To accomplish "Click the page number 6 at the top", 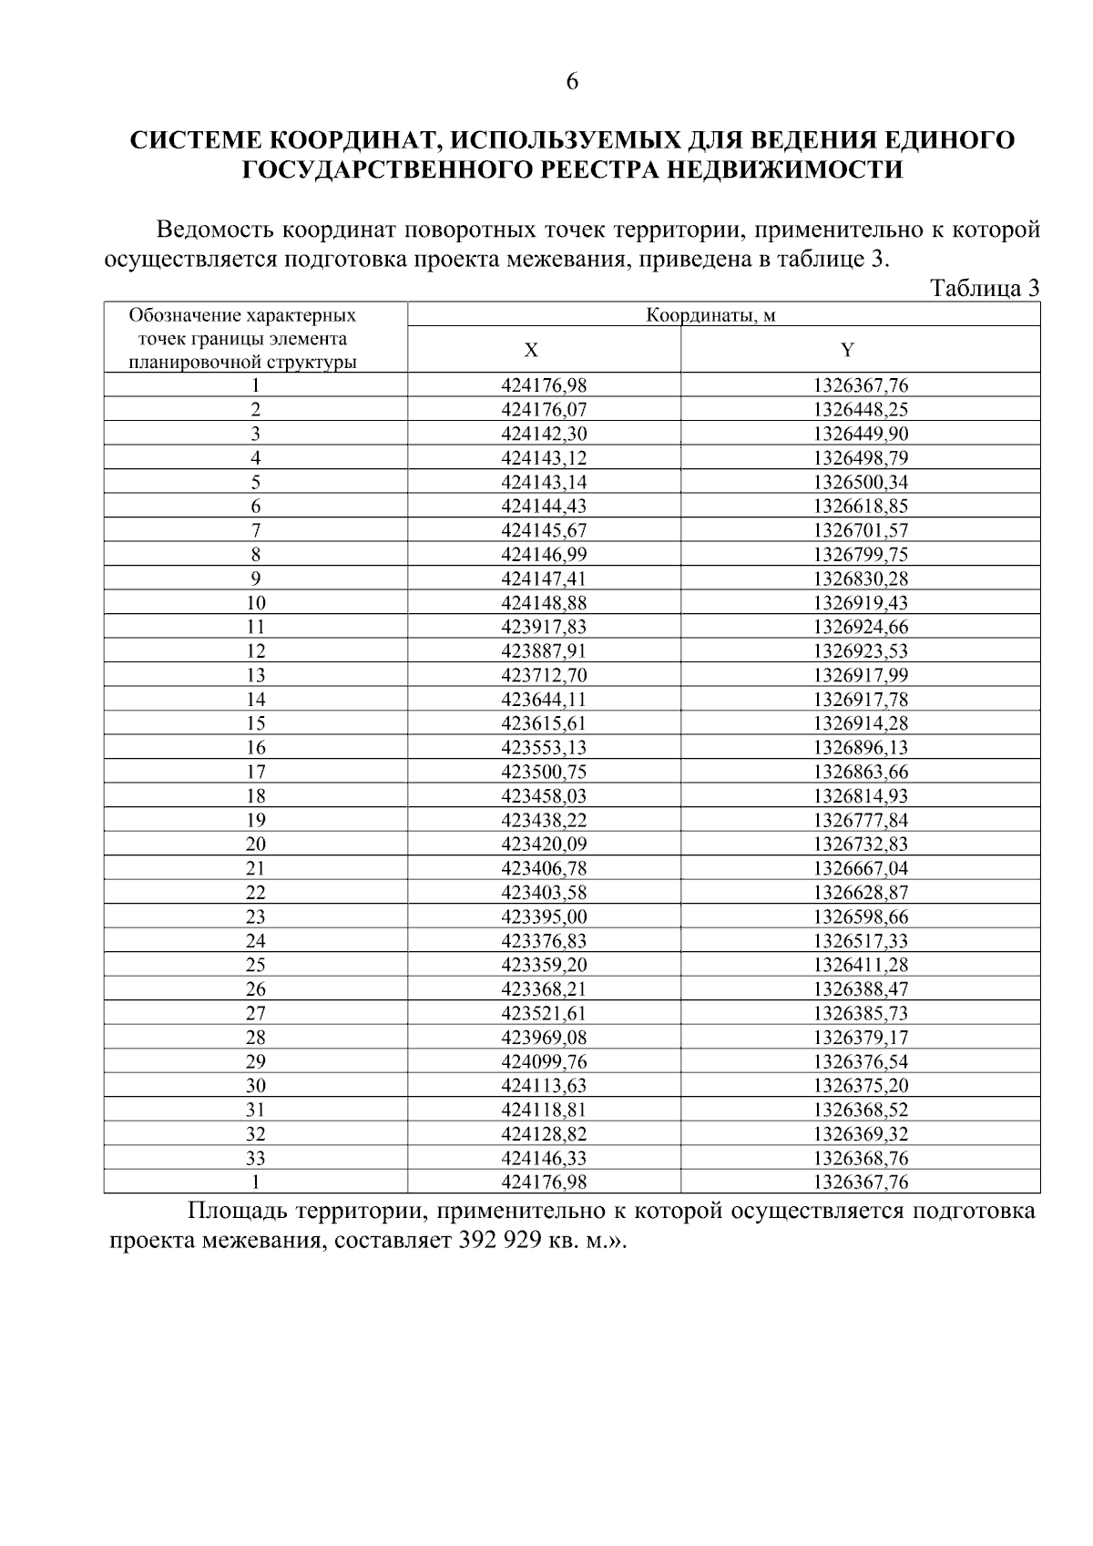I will point(572,82).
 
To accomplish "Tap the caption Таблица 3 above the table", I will point(984,289).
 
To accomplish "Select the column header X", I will point(531,351).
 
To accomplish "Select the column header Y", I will point(847,351).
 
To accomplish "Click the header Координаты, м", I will point(710,315).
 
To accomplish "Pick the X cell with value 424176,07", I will point(544,410).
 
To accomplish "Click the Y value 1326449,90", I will point(861,434).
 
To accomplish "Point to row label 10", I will point(256,603).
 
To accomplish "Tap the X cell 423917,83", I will point(544,627).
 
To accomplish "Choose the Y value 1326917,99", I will point(861,675).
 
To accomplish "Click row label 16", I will point(256,748).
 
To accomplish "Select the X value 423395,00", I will point(544,916).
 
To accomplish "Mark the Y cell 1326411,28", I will point(861,965).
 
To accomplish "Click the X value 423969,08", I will point(544,1038).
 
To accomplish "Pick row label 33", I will point(256,1159).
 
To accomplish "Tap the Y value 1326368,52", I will point(861,1110).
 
